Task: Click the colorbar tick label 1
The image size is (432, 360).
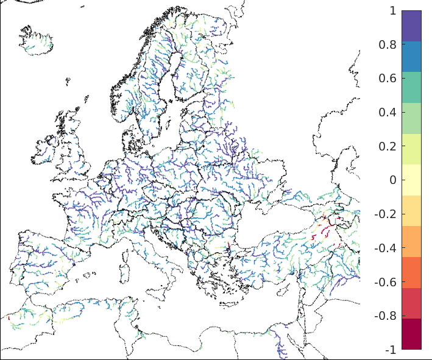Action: (x=393, y=11)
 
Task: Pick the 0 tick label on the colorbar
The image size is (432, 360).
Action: (x=393, y=180)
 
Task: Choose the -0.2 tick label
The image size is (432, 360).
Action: (x=387, y=214)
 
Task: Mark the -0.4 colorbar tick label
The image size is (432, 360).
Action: (x=387, y=249)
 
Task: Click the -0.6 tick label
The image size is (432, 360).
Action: (x=387, y=282)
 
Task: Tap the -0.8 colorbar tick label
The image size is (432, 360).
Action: (x=387, y=316)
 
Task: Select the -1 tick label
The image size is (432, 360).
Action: (x=391, y=350)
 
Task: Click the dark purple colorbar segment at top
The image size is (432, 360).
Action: (x=411, y=26)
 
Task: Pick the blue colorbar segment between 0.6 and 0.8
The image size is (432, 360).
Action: (x=411, y=57)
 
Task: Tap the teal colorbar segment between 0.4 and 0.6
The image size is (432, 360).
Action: (x=411, y=87)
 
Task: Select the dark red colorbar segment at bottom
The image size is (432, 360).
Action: (x=411, y=334)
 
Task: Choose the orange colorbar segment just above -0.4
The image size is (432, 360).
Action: (x=411, y=241)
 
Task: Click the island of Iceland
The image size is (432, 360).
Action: (x=37, y=41)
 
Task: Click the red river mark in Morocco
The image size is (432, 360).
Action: (x=9, y=318)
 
